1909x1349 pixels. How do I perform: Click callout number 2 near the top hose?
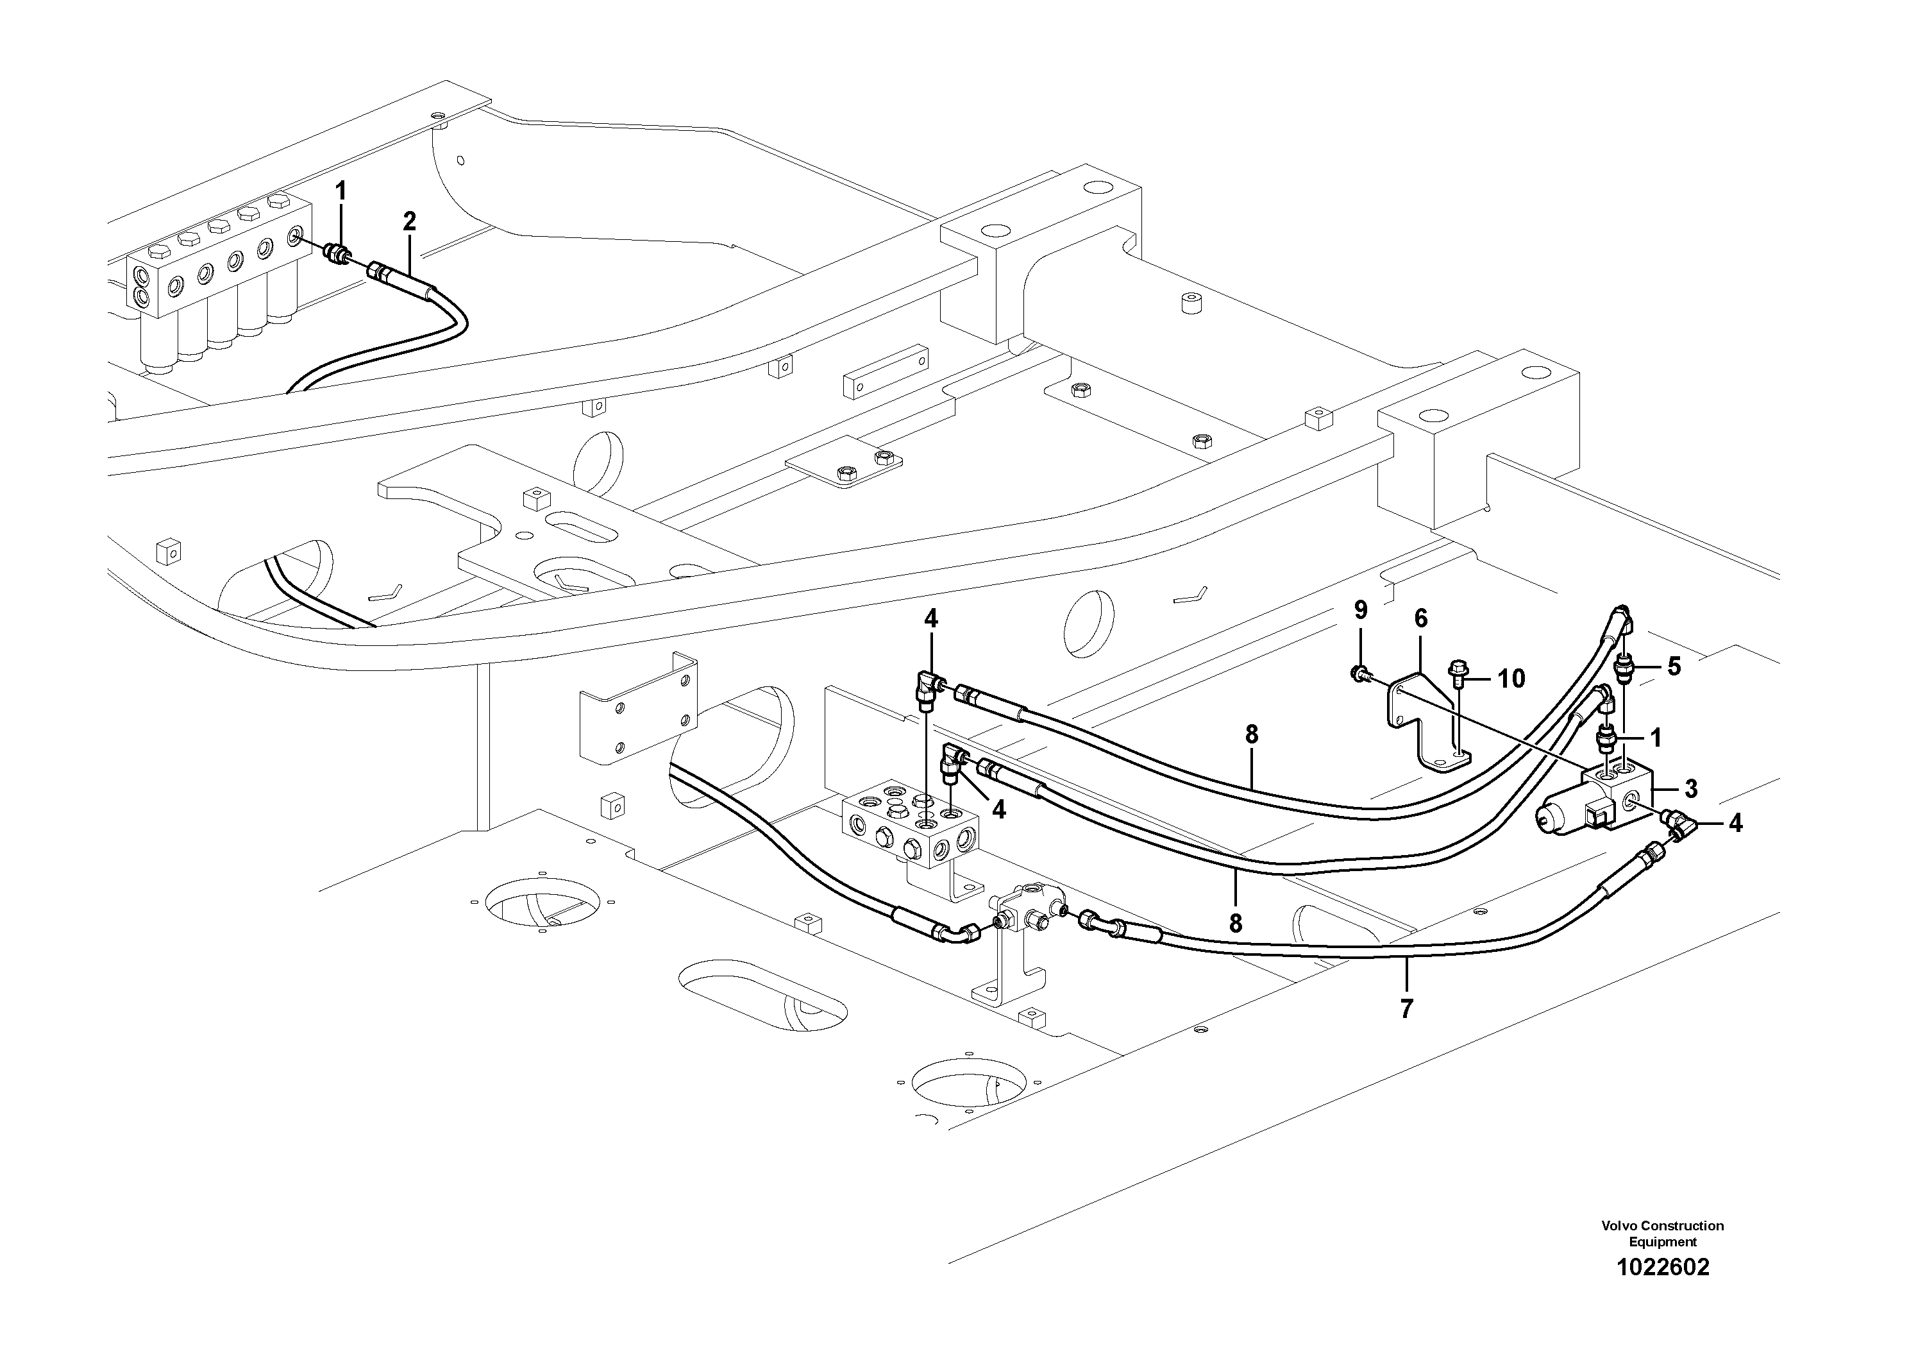pyautogui.click(x=408, y=221)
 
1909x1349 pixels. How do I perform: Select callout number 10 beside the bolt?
pyautogui.click(x=1511, y=679)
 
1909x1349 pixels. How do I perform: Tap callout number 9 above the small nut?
pyautogui.click(x=1360, y=611)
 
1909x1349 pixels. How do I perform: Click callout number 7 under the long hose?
pyautogui.click(x=1406, y=1010)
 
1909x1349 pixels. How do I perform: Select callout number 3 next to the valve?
pyautogui.click(x=1690, y=788)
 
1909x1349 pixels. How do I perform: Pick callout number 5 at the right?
pyautogui.click(x=1674, y=666)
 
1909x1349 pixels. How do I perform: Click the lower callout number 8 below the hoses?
pyautogui.click(x=1236, y=923)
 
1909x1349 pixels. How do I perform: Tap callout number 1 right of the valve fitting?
pyautogui.click(x=1654, y=738)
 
